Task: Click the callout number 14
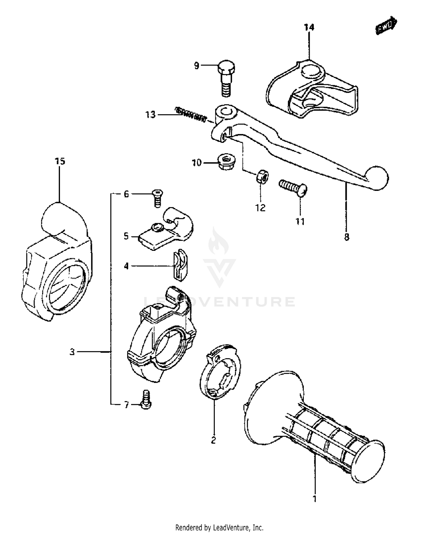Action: coord(309,28)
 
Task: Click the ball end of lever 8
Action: coord(377,178)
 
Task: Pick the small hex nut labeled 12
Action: coord(262,177)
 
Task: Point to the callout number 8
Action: coord(347,236)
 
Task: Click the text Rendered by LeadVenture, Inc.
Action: coord(219,525)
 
